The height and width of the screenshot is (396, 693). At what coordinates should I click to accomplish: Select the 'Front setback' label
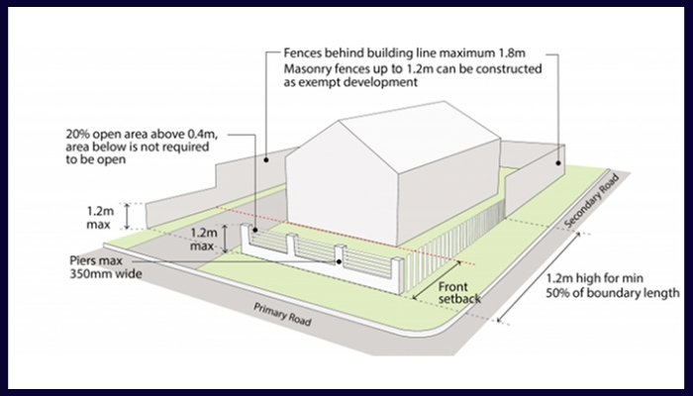coord(461,288)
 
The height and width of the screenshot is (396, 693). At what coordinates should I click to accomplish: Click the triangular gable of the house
coord(346,153)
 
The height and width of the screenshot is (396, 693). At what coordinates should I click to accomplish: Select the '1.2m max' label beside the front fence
coord(204,238)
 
